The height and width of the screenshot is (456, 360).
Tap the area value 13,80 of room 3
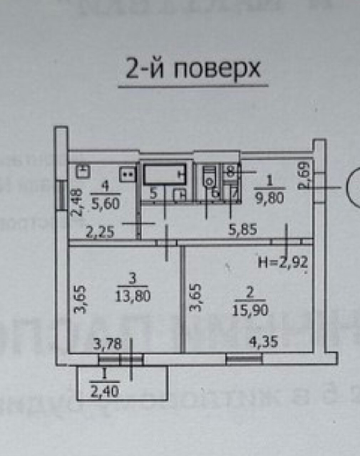click(x=133, y=296)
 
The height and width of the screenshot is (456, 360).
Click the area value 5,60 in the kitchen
click(x=106, y=203)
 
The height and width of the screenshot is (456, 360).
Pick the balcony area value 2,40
click(x=104, y=392)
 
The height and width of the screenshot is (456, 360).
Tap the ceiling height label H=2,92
click(x=282, y=263)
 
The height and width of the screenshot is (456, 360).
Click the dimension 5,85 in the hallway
click(x=242, y=229)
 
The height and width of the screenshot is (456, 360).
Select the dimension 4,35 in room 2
click(x=263, y=343)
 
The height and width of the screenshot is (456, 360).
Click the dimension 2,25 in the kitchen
click(x=100, y=232)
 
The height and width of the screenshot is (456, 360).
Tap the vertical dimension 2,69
click(x=306, y=175)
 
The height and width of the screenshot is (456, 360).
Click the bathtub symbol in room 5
click(x=165, y=174)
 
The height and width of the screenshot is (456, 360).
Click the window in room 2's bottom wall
click(x=244, y=359)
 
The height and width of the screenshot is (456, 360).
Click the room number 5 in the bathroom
click(x=153, y=194)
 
